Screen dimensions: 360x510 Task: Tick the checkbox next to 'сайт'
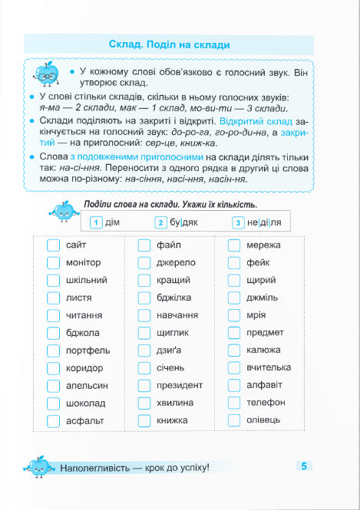pos(53,245)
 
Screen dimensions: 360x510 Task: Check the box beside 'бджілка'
pos(144,298)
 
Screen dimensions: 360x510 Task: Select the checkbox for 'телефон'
pos(234,403)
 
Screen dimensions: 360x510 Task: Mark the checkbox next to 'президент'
pos(144,385)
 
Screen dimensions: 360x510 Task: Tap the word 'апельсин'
pos(87,385)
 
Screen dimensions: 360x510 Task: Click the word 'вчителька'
pos(269,367)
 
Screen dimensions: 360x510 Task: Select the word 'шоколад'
pos(86,403)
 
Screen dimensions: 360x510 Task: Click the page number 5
pos(304,466)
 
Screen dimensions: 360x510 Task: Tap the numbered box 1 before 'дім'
pos(95,223)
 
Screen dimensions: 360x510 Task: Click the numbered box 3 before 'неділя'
pos(239,223)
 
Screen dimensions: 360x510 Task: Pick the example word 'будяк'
pos(185,223)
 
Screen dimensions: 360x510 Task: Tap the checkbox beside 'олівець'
pos(234,420)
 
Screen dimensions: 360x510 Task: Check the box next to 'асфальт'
pos(53,420)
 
